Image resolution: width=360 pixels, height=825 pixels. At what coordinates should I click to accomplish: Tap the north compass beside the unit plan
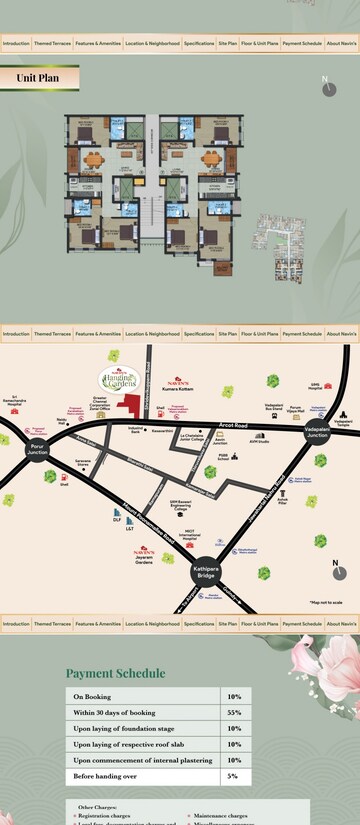[x=328, y=87]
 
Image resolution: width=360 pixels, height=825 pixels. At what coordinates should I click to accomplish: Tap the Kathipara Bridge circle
[x=205, y=572]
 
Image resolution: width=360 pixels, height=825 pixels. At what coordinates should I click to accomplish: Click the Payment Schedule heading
[x=115, y=673]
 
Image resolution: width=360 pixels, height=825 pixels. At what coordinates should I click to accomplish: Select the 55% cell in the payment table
[x=234, y=712]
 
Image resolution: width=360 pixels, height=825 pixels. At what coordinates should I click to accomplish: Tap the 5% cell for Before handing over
[x=234, y=775]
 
